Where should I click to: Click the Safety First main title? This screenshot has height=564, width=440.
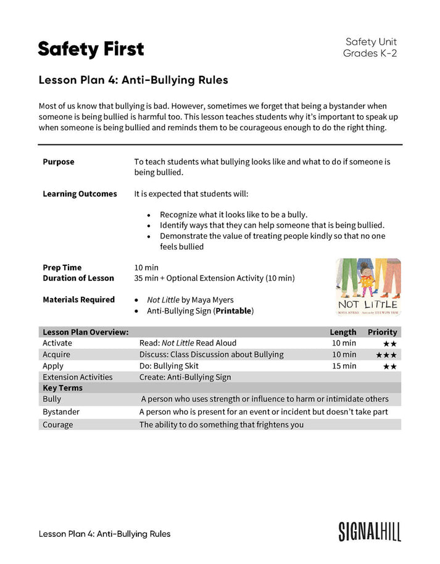[x=91, y=49]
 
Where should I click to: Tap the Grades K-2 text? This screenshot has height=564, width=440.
[x=370, y=54]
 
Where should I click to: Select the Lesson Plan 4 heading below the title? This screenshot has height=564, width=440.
[x=133, y=80]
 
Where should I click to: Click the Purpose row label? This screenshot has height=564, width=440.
[x=58, y=162]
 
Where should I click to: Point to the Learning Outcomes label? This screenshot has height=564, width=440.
[x=80, y=194]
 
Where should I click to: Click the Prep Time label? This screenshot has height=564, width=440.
[x=62, y=268]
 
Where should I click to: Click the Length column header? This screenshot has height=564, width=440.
[x=342, y=332]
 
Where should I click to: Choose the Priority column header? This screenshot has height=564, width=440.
[x=382, y=332]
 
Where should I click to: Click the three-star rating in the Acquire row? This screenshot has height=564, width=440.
[x=389, y=355]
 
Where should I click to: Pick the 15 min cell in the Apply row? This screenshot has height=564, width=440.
[x=344, y=366]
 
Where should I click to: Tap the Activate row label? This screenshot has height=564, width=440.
[x=57, y=343]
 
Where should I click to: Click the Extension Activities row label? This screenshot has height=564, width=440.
[x=77, y=377]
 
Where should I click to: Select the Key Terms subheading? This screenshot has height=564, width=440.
[x=62, y=388]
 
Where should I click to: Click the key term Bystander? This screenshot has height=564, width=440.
[x=61, y=412]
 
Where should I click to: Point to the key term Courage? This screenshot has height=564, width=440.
[x=57, y=425]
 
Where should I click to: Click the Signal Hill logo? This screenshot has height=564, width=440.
[x=369, y=531]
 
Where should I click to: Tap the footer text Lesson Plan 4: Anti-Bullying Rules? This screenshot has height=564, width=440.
[x=104, y=534]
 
